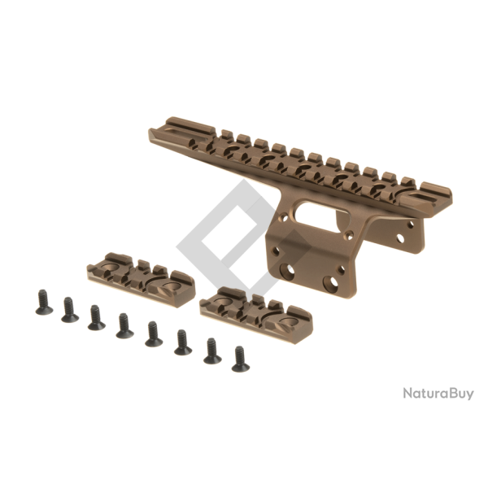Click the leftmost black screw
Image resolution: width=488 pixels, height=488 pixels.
(x=43, y=303)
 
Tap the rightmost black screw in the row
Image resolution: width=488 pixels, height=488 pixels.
(x=239, y=358)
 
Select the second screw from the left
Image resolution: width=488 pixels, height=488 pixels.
(x=70, y=309)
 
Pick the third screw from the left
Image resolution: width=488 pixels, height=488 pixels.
(x=96, y=316)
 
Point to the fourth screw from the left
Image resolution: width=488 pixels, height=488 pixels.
(x=124, y=325)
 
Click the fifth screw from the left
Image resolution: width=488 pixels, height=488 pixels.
(x=152, y=333)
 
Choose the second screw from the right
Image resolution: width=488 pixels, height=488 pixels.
(x=212, y=351)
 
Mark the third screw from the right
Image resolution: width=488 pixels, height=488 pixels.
(x=181, y=342)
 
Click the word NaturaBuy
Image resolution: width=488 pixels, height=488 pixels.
(x=438, y=394)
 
